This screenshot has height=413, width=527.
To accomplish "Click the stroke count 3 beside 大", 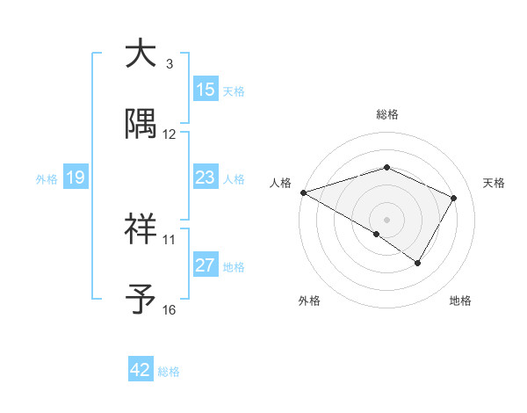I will click(x=170, y=64).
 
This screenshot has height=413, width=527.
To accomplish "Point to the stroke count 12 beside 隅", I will click(x=170, y=134).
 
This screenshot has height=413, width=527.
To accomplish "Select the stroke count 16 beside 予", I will click(x=170, y=310).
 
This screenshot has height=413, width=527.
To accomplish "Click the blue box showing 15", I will click(x=206, y=90).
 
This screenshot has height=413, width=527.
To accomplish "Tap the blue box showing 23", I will click(x=206, y=178).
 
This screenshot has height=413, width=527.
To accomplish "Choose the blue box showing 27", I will click(x=206, y=265).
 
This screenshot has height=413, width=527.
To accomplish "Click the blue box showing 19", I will click(x=76, y=178).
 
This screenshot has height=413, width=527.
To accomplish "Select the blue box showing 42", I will click(x=141, y=370).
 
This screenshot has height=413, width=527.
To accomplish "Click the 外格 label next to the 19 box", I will click(x=47, y=178).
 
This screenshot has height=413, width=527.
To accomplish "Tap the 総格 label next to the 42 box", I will click(x=169, y=371).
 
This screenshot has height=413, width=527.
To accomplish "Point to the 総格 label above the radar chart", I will click(x=386, y=114).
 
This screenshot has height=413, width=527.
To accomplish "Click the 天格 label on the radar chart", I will click(x=494, y=183).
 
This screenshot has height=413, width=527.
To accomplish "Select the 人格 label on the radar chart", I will click(x=279, y=183).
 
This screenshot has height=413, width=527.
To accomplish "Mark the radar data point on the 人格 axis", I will click(x=303, y=192).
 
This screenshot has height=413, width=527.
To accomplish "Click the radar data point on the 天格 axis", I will click(x=453, y=198).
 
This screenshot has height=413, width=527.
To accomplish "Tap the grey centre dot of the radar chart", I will click(x=386, y=219).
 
